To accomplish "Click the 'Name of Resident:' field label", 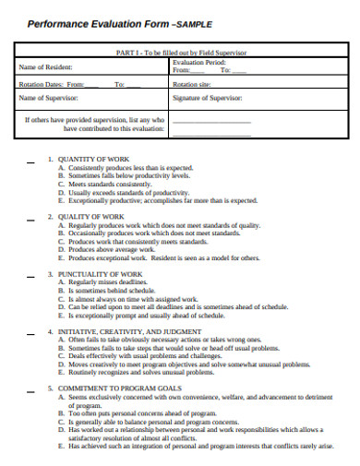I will (x=46, y=67).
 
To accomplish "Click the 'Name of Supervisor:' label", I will (x=50, y=97).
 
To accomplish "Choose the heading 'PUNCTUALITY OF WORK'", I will (x=101, y=274).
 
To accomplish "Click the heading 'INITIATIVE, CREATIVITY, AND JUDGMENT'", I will (x=129, y=330).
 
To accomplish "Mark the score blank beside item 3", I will (x=32, y=275).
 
